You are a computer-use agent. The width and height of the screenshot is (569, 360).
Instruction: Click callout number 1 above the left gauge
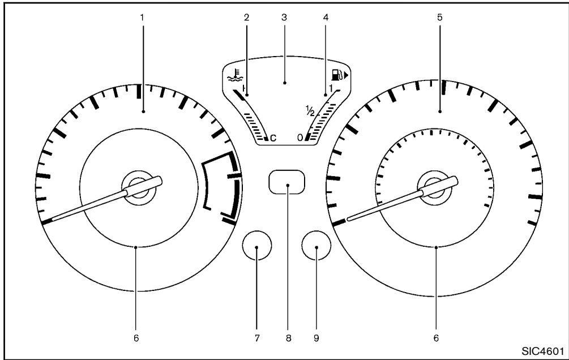(143, 17)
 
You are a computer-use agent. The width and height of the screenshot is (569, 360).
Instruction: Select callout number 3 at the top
(284, 17)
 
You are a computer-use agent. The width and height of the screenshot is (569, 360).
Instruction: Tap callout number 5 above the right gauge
(440, 17)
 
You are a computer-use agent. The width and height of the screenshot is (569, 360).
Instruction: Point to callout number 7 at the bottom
(256, 338)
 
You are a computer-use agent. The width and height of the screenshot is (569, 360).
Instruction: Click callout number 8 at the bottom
(287, 338)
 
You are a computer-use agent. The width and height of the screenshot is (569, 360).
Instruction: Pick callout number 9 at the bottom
(316, 338)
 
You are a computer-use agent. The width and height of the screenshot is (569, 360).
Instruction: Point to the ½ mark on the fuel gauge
(309, 112)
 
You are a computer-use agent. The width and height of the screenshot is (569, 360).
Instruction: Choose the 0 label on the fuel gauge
(301, 138)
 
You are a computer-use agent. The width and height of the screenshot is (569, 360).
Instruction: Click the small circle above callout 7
(256, 247)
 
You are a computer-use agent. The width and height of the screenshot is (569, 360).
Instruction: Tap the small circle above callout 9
(316, 247)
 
